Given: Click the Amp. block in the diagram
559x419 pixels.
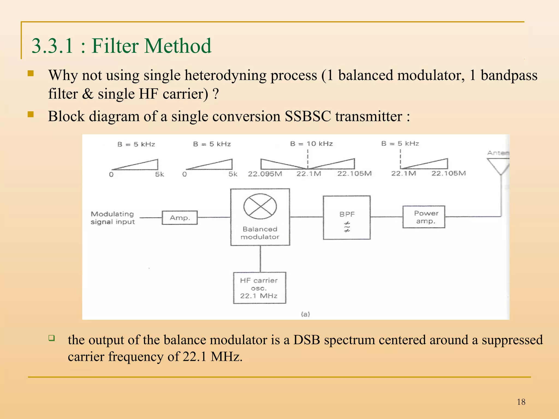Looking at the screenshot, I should pos(180,218).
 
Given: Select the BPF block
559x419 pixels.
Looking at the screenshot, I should pos(347,217).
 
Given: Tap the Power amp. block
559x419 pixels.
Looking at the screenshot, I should pos(424,217).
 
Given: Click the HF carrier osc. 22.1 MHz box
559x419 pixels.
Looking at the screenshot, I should pos(259,288).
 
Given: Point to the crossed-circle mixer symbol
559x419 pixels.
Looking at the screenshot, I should pos(260,206).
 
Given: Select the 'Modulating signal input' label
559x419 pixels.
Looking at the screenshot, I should pos(112,218).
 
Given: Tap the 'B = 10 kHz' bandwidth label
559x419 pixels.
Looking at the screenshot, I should pos(311,144).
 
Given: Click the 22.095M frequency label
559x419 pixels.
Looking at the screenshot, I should pos(265,174).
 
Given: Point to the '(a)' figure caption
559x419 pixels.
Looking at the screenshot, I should pos(305,314).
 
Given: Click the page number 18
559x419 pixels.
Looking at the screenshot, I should pos(521,402).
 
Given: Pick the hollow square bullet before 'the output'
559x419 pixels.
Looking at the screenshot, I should pos(52,338).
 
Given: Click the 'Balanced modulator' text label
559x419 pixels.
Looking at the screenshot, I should pos(260,233).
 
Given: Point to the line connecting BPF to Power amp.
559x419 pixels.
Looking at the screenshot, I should pos(386,217).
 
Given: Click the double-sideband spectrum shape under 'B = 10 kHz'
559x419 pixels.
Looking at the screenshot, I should pos(308,164).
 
